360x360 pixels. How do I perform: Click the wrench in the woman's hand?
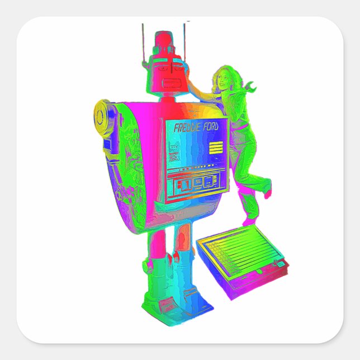(x=250, y=87)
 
